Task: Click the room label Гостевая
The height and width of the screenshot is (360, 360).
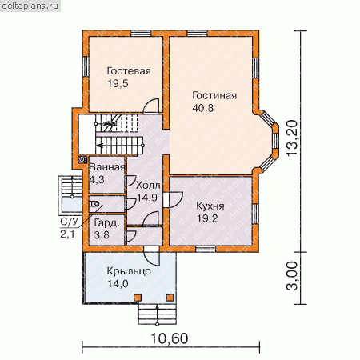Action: (129, 71)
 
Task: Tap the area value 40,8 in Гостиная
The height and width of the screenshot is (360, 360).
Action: (202, 108)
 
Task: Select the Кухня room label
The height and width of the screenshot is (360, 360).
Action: (210, 206)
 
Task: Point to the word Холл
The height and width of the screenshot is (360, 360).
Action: (148, 186)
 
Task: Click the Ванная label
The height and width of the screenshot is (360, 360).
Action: (106, 167)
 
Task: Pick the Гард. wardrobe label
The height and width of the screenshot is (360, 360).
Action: (106, 223)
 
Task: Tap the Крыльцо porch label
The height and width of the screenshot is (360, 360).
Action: (129, 271)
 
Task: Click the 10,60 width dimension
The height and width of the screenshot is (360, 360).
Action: (170, 338)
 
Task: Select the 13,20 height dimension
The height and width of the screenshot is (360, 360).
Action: (292, 138)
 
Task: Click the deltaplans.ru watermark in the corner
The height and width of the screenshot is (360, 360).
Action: (30, 6)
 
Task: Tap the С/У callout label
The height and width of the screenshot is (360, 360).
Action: (70, 222)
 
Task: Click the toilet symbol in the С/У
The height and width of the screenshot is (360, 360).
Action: (94, 204)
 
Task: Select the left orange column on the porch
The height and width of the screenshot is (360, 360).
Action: (138, 298)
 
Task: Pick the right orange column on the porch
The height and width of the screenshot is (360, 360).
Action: (170, 298)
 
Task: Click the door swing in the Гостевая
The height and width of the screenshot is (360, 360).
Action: (151, 105)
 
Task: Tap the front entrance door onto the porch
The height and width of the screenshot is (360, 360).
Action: (151, 256)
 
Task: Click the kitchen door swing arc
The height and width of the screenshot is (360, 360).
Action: (175, 199)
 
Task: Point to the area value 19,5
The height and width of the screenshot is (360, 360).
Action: (118, 83)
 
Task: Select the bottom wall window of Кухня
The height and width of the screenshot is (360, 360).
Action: (206, 249)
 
